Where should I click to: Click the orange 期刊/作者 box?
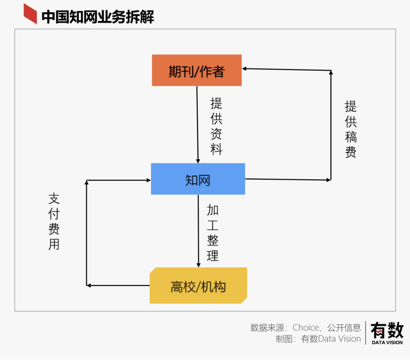197,70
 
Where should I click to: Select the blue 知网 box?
198,179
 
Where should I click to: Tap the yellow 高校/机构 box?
198,285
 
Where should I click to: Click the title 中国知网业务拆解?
98,17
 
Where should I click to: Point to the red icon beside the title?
30,14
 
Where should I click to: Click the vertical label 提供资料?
216,126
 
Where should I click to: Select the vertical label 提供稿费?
351,129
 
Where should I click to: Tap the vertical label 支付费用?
54,221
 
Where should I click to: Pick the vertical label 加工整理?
213,233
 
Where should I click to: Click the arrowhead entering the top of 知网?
198,161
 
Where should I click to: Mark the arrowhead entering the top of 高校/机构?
199,265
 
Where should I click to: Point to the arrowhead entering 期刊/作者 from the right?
244,68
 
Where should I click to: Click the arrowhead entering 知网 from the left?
149,180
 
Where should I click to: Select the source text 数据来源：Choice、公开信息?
305,327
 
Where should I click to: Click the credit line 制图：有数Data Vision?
318,339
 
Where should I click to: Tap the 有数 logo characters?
387,330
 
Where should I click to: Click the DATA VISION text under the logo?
387,342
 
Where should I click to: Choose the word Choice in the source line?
305,327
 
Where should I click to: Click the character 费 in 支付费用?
54,229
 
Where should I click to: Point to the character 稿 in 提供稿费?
351,136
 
